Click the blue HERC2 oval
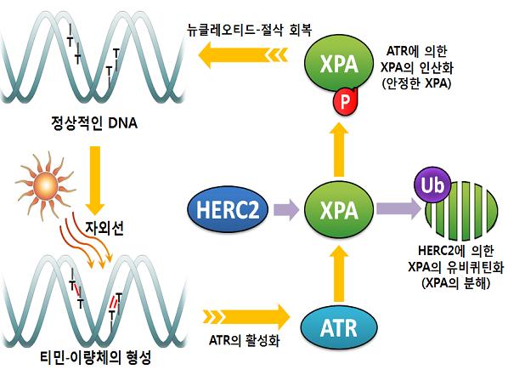tap(228, 209)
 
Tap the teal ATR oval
tap(339, 327)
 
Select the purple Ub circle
tap(432, 185)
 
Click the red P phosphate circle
tap(344, 101)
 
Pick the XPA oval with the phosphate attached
tap(339, 64)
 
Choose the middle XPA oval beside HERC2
tap(339, 209)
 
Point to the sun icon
tap(47, 186)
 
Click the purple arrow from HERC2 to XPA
tap(286, 209)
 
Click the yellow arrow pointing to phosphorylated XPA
tap(339, 150)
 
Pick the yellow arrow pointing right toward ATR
tap(246, 316)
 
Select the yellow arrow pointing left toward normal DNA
tap(243, 54)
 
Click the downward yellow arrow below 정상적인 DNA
tap(95, 180)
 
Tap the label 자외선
tap(104, 229)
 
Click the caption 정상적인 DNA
tap(94, 123)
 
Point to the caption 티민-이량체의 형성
tap(95, 358)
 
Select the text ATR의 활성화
tap(245, 341)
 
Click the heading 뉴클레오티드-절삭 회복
tap(250, 30)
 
